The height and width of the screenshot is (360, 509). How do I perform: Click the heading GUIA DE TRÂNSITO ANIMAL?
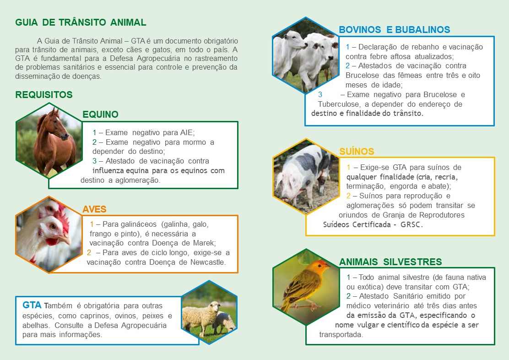81,22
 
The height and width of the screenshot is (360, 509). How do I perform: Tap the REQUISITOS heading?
44,94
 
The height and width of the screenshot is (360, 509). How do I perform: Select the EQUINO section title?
100,115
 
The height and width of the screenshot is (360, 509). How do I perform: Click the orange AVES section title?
94,209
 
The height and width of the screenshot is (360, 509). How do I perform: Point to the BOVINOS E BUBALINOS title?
395,30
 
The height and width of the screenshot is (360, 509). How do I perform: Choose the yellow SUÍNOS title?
357,152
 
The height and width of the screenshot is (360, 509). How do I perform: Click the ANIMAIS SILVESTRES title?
390,262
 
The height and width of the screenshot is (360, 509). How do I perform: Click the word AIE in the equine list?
187,132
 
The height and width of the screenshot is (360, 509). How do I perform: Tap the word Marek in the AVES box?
204,243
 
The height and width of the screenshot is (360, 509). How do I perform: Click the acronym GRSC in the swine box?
412,224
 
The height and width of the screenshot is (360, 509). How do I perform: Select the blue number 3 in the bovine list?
320,94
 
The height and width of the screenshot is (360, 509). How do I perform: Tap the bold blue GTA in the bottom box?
32,305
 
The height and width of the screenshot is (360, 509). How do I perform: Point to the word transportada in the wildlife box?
341,335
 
